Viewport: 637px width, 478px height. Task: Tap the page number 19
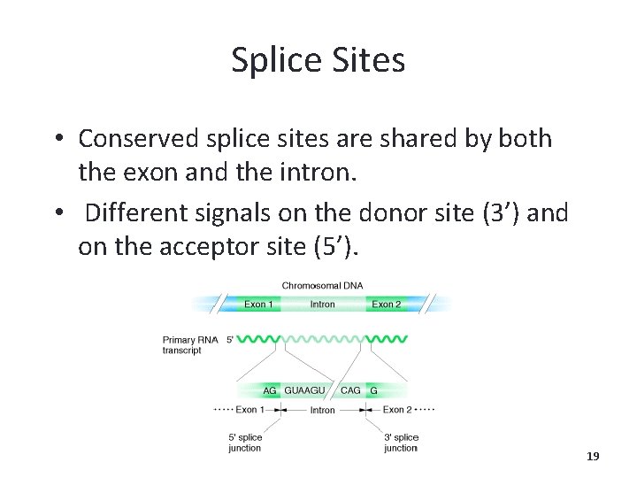(x=593, y=457)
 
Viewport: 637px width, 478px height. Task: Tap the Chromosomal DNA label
(x=322, y=286)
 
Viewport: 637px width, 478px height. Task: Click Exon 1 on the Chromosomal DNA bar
(x=258, y=305)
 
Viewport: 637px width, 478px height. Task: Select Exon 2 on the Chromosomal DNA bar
(x=387, y=305)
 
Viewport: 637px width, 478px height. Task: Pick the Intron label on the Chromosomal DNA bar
(x=322, y=305)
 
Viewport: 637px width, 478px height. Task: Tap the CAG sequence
(x=350, y=390)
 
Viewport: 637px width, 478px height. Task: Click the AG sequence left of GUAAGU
(x=270, y=390)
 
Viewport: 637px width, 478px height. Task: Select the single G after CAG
(x=373, y=390)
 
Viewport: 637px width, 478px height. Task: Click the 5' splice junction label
(x=245, y=443)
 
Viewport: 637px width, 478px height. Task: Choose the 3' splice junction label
(x=401, y=443)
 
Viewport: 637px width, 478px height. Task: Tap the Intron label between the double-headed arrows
(x=322, y=411)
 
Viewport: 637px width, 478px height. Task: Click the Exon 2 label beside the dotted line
(x=396, y=410)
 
